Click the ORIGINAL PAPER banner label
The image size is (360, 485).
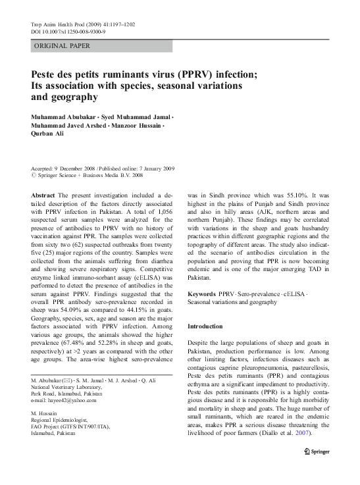coord(61,45)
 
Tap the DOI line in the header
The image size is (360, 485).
coord(68,31)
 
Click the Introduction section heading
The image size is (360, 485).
coord(210,326)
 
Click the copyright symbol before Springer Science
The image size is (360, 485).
coord(34,176)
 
